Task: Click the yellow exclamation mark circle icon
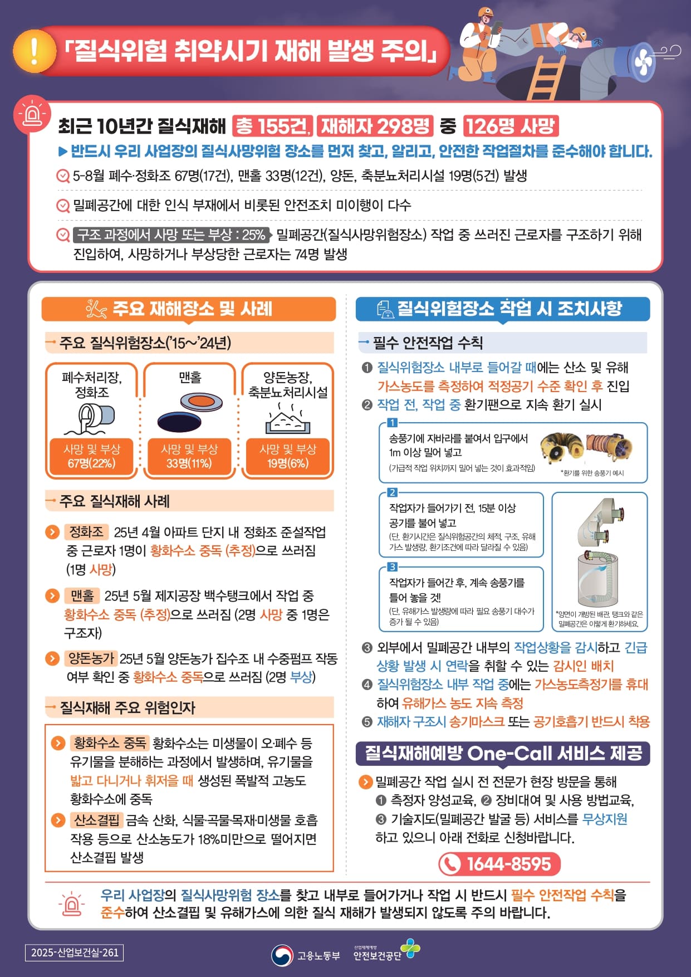click(35, 51)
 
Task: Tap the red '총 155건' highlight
click(272, 126)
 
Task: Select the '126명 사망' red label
click(511, 126)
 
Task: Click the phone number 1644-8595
click(499, 864)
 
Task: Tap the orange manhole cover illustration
click(202, 401)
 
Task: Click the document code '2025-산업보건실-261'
click(74, 952)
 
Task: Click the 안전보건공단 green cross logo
click(411, 948)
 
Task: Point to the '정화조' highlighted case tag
click(86, 532)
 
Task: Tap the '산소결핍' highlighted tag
click(97, 820)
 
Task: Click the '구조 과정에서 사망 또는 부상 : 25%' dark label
click(171, 235)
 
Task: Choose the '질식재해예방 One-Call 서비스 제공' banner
click(503, 753)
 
